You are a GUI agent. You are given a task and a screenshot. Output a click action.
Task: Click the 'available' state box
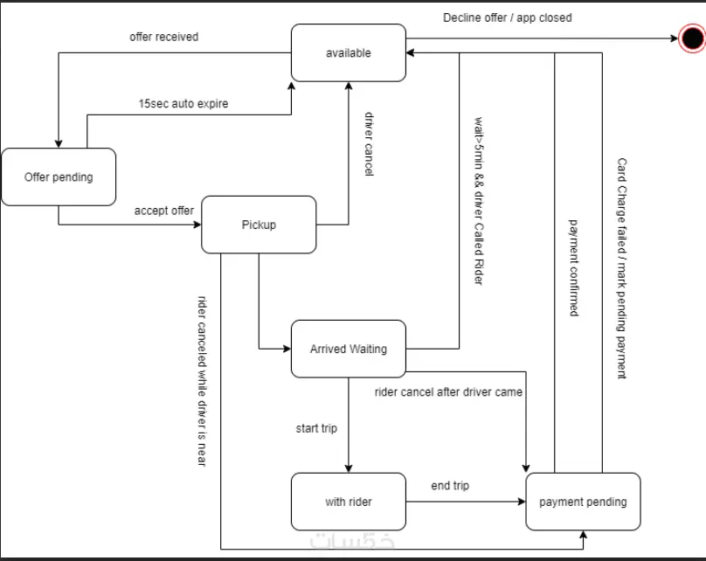click(x=348, y=52)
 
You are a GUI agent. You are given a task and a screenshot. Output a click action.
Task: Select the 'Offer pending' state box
click(x=59, y=177)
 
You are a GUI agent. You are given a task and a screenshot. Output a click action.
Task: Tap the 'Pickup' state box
click(x=259, y=225)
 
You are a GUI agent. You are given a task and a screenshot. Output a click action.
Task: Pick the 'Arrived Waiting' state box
click(x=348, y=349)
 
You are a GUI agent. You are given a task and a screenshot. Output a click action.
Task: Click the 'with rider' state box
click(x=348, y=502)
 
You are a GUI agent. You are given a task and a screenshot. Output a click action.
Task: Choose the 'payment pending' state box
click(x=583, y=502)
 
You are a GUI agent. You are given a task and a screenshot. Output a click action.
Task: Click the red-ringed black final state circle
click(x=691, y=38)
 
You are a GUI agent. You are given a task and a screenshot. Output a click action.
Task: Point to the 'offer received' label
click(x=163, y=37)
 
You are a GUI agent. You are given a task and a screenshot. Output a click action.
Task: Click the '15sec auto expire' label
click(x=183, y=103)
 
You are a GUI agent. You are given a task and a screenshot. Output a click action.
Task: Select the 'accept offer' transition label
click(x=164, y=211)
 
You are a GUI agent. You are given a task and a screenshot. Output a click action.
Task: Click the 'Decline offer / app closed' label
click(x=508, y=17)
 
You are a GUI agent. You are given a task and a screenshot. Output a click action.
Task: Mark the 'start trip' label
click(x=316, y=428)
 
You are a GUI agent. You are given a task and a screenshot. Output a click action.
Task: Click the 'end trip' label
click(x=450, y=486)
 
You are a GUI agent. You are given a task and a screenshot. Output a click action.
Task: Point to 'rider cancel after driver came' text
click(x=448, y=392)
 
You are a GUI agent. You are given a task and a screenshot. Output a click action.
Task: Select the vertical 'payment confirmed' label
click(x=574, y=267)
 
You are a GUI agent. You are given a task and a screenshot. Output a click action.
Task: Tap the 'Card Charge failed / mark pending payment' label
click(x=621, y=269)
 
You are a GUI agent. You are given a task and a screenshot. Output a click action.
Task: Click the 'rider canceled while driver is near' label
click(x=202, y=380)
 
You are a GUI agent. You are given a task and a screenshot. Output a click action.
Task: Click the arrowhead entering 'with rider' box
click(x=349, y=468)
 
